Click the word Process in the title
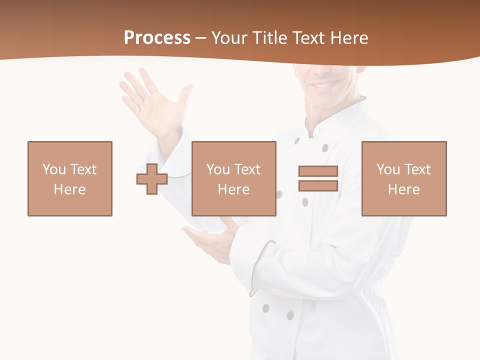[x=157, y=38]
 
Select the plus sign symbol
[x=152, y=179]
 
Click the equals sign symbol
[x=318, y=178]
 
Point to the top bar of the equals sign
[x=318, y=171]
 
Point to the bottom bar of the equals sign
[x=318, y=186]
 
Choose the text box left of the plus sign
[x=70, y=178]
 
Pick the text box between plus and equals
[x=234, y=178]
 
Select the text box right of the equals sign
[x=404, y=178]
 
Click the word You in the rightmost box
[x=388, y=169]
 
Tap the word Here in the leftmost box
[x=70, y=189]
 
